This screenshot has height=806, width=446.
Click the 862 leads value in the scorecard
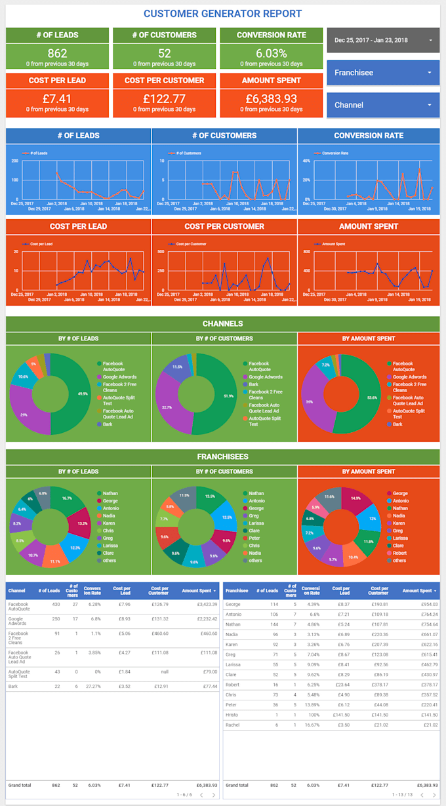pos(57,54)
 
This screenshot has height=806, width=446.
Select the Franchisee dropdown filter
pos(382,73)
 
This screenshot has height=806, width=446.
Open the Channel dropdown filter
pos(382,105)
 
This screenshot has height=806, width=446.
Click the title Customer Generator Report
pos(223,14)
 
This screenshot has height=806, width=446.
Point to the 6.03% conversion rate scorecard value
pos(271,54)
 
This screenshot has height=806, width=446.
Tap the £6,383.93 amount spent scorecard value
pos(271,99)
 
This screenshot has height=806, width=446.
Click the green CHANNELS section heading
pos(223,324)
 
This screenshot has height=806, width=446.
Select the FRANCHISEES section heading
pos(223,456)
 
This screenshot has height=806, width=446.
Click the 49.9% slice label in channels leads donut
pos(83,393)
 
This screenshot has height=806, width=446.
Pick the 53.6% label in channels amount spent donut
pos(373,397)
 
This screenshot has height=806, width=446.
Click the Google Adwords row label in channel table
pos(18,621)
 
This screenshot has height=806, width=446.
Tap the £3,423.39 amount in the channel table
pos(200,604)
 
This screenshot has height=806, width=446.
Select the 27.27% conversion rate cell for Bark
pos(92,686)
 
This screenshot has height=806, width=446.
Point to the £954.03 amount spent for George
pos(428,604)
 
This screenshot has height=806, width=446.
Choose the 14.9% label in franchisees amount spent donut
pos(355,498)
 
